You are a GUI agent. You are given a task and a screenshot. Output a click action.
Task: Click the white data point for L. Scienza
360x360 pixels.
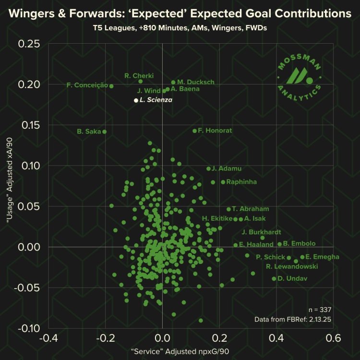[x=136, y=100]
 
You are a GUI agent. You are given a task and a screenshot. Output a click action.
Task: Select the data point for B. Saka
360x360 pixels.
[x=105, y=132]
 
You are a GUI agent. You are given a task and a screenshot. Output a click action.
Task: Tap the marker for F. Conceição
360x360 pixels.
[x=111, y=86]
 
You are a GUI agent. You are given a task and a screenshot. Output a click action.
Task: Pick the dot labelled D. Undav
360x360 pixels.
[x=274, y=279]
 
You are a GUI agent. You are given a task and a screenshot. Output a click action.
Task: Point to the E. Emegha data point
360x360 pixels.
[x=302, y=257]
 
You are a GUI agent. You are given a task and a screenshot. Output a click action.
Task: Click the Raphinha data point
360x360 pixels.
[x=223, y=182]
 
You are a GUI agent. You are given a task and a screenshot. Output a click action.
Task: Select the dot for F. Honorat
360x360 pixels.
[x=194, y=131]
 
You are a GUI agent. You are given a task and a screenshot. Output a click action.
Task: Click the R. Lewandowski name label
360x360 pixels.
[x=292, y=267]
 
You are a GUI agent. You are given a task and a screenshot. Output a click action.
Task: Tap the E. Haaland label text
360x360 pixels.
[x=256, y=245]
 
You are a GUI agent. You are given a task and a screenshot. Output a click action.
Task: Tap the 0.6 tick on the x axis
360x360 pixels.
[x=333, y=338]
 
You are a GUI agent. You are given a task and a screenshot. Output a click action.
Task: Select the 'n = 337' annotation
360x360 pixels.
[x=321, y=309]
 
